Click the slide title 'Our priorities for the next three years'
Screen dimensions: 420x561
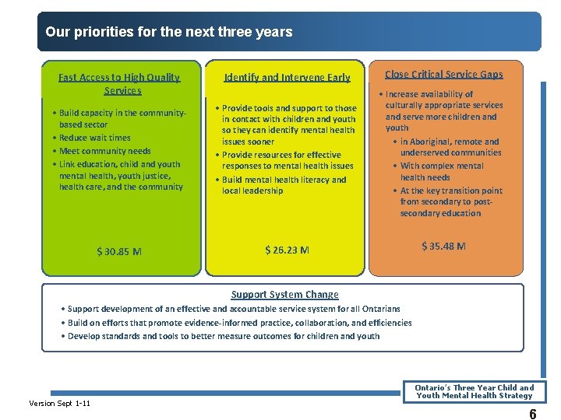coord(169,33)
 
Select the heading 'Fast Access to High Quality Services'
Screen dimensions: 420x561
coord(119,83)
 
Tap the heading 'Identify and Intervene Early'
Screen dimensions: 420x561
coord(287,77)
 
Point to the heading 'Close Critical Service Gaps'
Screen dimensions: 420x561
coord(443,74)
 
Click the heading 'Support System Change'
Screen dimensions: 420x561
coord(284,295)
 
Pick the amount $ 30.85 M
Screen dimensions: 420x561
coord(119,251)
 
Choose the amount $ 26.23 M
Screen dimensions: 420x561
coord(287,250)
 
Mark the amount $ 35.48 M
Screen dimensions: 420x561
coord(443,246)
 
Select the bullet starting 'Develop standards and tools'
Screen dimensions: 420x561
coord(223,336)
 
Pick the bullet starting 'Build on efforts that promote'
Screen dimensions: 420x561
coord(239,323)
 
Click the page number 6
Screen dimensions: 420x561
coord(532,415)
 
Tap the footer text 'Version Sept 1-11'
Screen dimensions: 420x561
coord(59,403)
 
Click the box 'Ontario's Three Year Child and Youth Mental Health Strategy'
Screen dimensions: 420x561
coord(474,391)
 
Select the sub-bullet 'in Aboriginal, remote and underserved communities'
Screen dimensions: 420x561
coord(450,147)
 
